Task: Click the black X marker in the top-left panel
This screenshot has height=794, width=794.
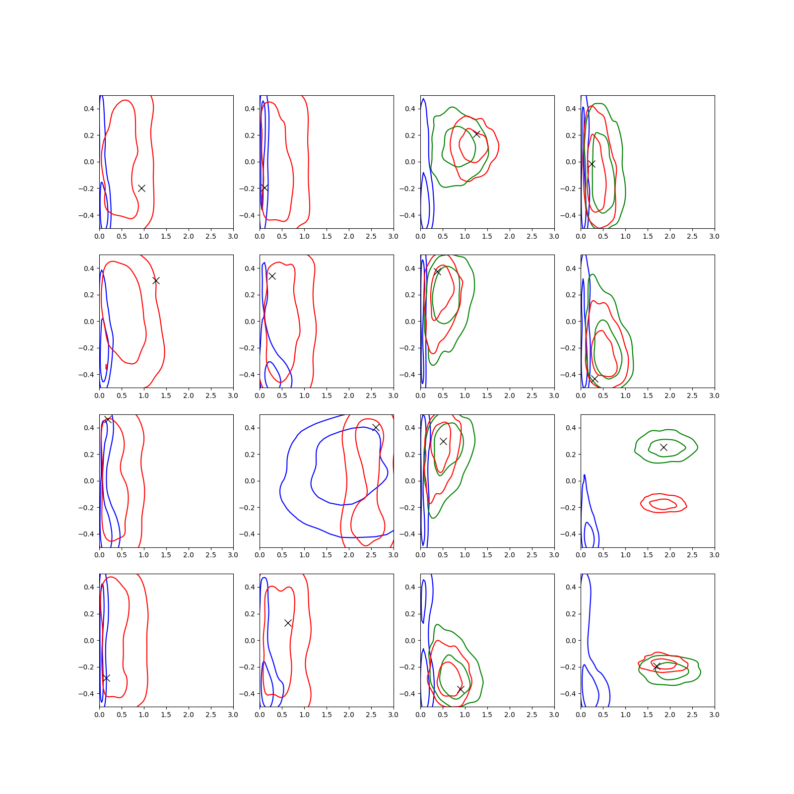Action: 141,188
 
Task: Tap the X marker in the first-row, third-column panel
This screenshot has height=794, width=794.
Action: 476,134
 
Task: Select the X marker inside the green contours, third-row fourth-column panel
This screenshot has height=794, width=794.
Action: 663,447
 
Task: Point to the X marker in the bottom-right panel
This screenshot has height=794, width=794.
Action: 656,666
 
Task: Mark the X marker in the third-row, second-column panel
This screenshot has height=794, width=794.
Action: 376,427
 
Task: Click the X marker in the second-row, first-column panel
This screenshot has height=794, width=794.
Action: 156,280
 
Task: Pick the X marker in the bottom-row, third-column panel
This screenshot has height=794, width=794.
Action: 461,689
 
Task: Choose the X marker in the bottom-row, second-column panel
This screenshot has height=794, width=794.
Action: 288,623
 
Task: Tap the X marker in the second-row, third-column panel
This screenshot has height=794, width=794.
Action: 437,271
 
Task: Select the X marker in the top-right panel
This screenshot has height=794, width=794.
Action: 591,164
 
